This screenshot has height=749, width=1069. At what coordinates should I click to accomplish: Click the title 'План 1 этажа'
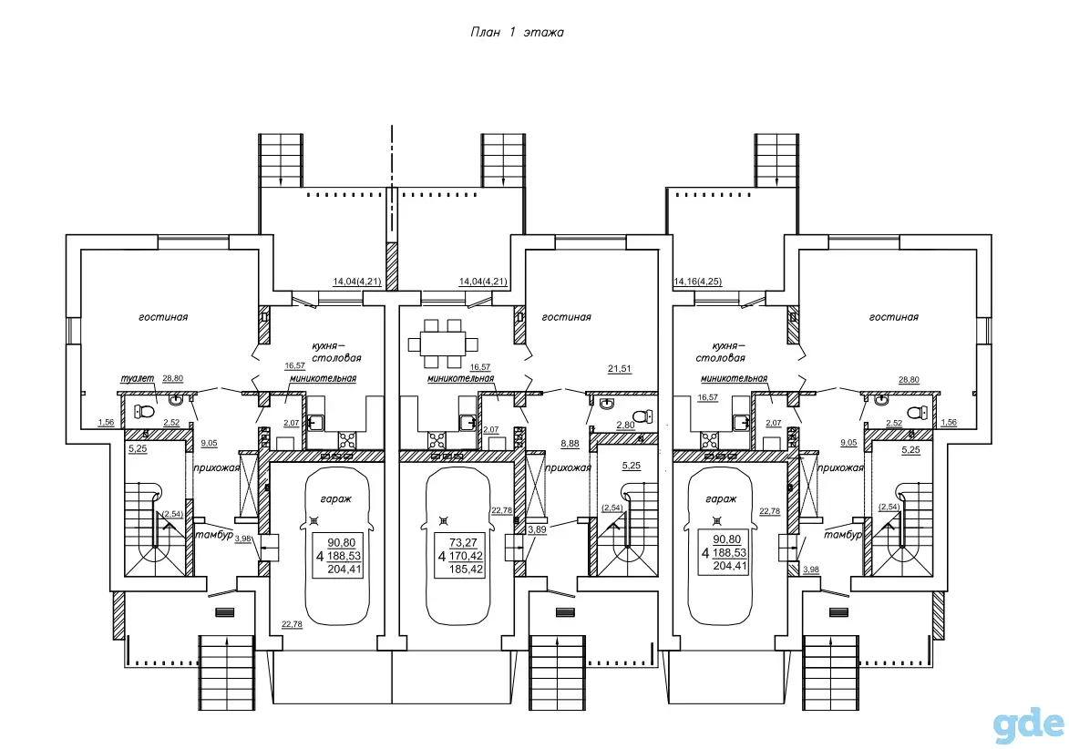pyautogui.click(x=517, y=32)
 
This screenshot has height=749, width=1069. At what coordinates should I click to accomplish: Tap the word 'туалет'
pyautogui.click(x=137, y=378)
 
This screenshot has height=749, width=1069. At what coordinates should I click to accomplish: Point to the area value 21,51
pyautogui.click(x=620, y=369)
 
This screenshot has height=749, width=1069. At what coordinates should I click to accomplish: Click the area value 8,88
pyautogui.click(x=570, y=443)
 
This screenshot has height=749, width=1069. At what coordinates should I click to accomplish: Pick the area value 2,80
pyautogui.click(x=625, y=426)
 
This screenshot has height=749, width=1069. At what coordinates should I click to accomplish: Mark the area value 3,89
pyautogui.click(x=537, y=528)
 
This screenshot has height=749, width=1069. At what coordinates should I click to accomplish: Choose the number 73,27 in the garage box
pyautogui.click(x=463, y=542)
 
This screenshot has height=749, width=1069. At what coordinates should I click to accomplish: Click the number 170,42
pyautogui.click(x=467, y=556)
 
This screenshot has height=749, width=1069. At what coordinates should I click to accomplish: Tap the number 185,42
pyautogui.click(x=467, y=569)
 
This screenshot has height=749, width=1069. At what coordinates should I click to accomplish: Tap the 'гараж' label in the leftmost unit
pyautogui.click(x=335, y=499)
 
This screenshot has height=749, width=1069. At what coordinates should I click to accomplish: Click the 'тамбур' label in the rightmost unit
pyautogui.click(x=843, y=534)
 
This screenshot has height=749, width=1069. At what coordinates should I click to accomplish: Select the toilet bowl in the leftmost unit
pyautogui.click(x=144, y=411)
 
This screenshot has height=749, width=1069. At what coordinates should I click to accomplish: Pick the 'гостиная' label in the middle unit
pyautogui.click(x=567, y=317)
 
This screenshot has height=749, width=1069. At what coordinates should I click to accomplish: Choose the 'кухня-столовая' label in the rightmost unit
pyautogui.click(x=721, y=352)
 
